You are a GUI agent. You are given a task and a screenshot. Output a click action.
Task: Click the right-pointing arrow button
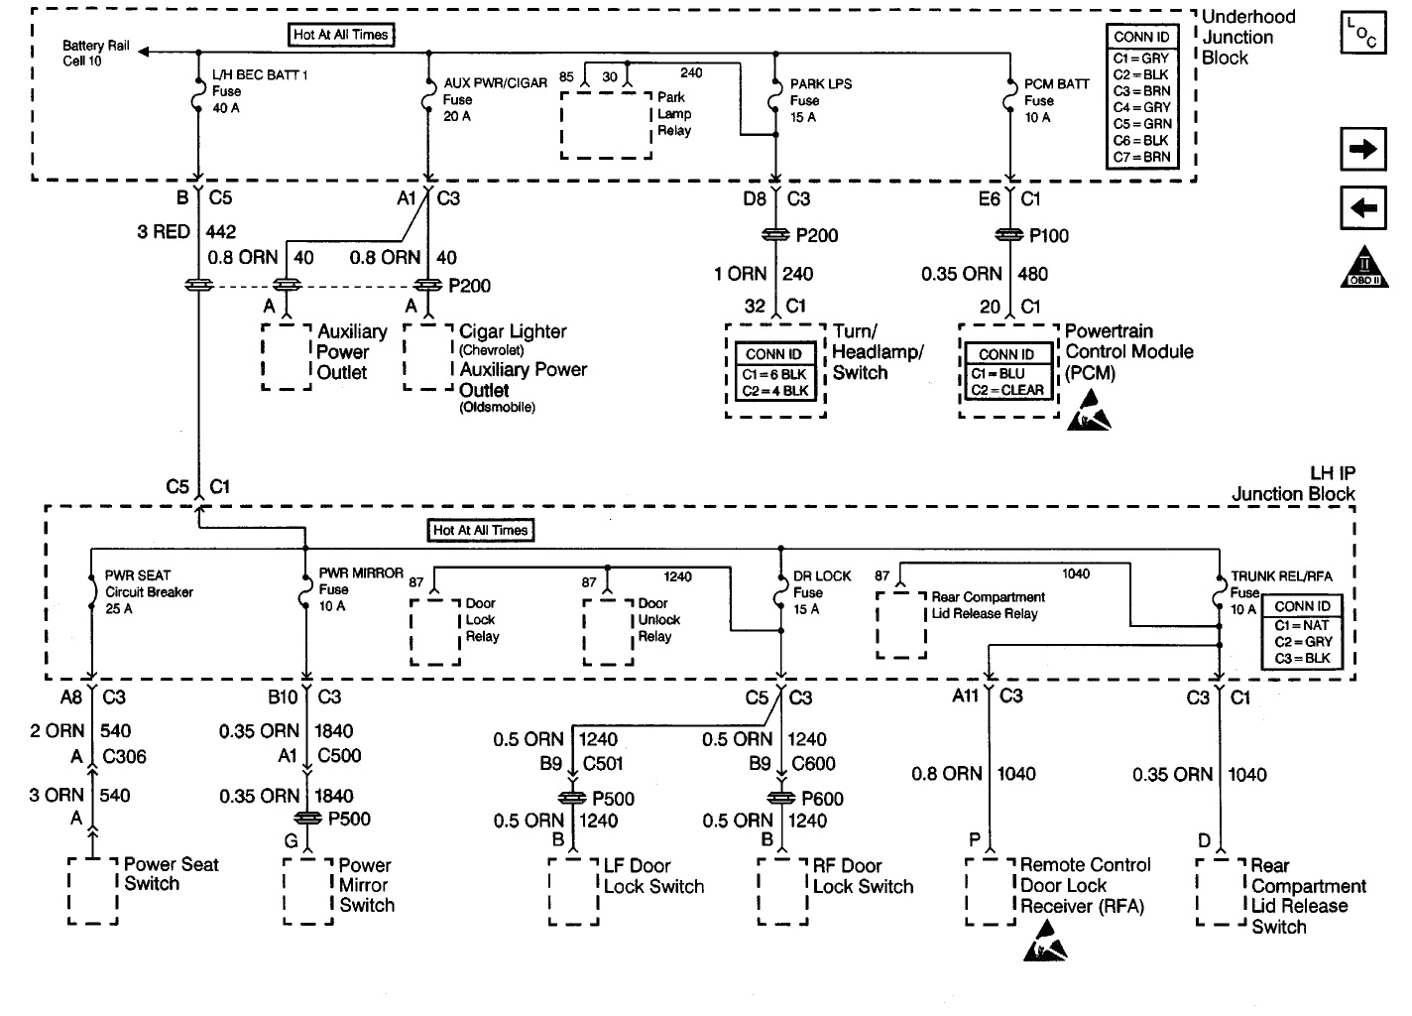point(1363,150)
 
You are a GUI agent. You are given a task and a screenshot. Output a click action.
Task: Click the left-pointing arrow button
point(1363,208)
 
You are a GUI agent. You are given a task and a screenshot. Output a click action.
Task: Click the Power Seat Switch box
point(93,890)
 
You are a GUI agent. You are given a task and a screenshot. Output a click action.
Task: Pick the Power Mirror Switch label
point(366,885)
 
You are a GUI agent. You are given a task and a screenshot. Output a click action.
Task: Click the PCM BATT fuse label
point(1056,100)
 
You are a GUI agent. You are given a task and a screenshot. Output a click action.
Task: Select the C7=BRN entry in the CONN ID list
point(1141,157)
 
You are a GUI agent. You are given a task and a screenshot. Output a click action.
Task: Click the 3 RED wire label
point(164,232)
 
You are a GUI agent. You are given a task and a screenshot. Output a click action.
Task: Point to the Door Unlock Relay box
point(608,631)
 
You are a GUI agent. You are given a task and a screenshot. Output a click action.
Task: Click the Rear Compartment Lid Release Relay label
point(987,605)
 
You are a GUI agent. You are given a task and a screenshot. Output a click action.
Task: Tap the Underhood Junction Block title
point(1247,37)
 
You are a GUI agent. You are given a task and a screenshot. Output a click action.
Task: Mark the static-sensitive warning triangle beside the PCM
point(1088,411)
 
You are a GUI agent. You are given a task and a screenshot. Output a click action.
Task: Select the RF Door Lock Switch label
point(863,876)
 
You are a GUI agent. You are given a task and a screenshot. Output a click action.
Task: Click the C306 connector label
point(124,757)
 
